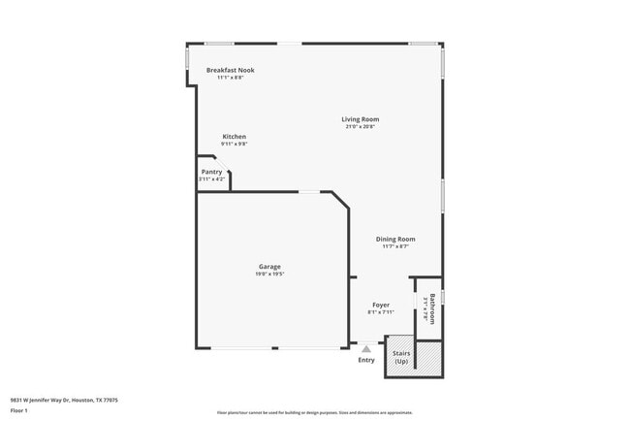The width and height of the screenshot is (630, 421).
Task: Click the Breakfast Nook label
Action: click(231, 70)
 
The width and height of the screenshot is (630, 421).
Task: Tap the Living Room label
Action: click(360, 119)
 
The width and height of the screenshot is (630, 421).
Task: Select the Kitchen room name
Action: click(235, 137)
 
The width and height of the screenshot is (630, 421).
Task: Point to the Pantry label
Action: click(211, 172)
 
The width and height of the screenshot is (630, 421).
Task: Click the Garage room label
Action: click(269, 267)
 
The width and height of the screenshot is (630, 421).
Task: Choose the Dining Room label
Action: click(395, 239)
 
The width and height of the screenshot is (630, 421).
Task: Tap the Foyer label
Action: click(380, 305)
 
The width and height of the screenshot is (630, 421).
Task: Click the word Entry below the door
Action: click(366, 360)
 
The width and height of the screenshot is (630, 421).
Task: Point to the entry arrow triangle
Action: click(366, 348)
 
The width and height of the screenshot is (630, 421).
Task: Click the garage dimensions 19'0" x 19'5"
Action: click(269, 275)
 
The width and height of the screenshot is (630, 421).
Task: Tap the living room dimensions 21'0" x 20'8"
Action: click(360, 127)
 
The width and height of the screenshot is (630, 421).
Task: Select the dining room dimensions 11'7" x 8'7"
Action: click(395, 246)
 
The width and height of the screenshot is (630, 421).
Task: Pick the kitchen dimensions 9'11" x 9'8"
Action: click(235, 145)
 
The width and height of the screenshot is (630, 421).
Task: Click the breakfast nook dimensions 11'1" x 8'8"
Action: click(231, 78)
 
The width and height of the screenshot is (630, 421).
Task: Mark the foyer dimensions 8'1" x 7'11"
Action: click(380, 312)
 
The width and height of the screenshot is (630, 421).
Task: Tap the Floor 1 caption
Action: click(19, 410)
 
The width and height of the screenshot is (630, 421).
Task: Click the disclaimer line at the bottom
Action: click(314, 411)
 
